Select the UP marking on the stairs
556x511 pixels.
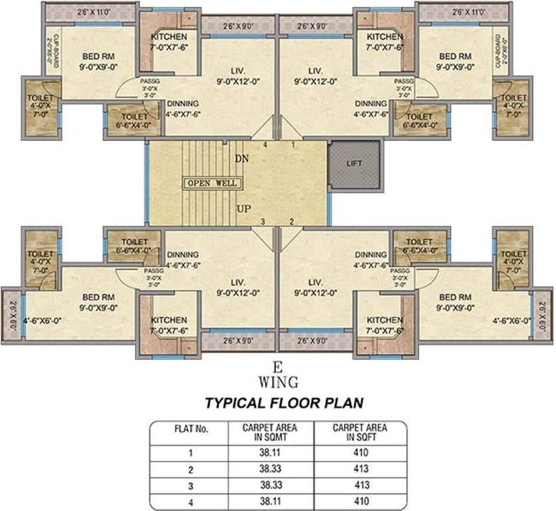click(x=243, y=209)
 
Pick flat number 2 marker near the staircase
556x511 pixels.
click(x=291, y=222)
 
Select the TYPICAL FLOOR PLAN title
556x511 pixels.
click(x=279, y=403)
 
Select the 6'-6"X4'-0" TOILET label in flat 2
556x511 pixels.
click(x=419, y=246)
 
